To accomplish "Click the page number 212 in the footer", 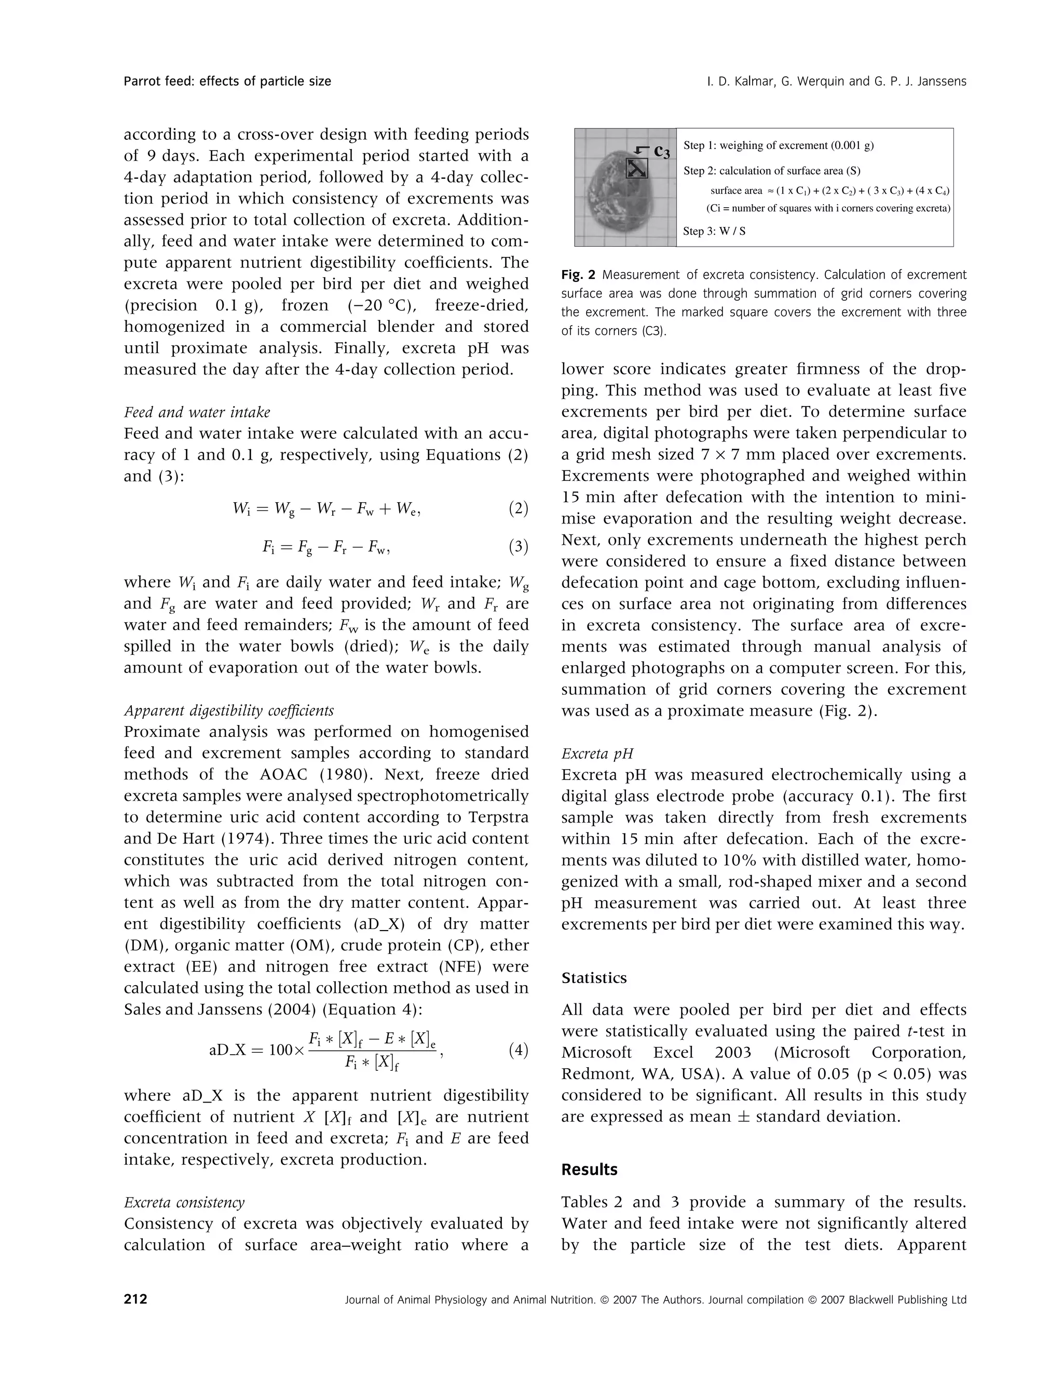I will [x=135, y=1300].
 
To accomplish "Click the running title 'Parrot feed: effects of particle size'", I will [x=227, y=81].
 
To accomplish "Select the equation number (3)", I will [x=518, y=546].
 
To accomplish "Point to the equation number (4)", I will [x=518, y=1051].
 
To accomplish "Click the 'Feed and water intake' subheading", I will [x=197, y=412].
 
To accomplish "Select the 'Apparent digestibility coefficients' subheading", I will [x=228, y=710].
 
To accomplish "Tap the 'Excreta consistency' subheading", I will [x=184, y=1202].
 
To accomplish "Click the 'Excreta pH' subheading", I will [x=597, y=754].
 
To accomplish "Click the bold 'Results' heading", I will [x=589, y=1170].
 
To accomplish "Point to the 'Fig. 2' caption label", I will [x=578, y=275].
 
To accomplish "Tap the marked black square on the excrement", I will [x=636, y=168].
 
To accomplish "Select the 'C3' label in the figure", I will [x=662, y=151].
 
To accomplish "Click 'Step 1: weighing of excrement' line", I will [x=778, y=145].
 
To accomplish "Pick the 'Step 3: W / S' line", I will [x=714, y=231].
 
